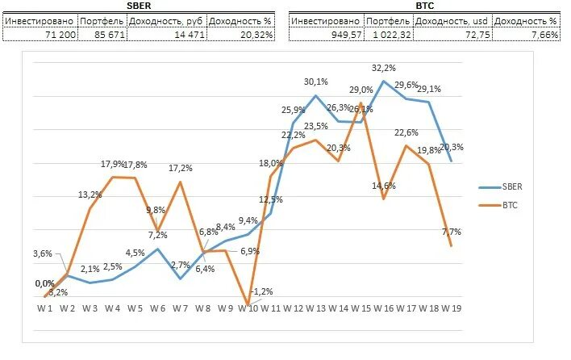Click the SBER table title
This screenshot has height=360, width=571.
coord(140,6)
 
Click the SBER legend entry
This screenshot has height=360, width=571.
coord(511,186)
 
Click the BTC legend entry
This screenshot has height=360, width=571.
coord(510,206)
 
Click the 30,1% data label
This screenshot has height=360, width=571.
coord(316,82)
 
